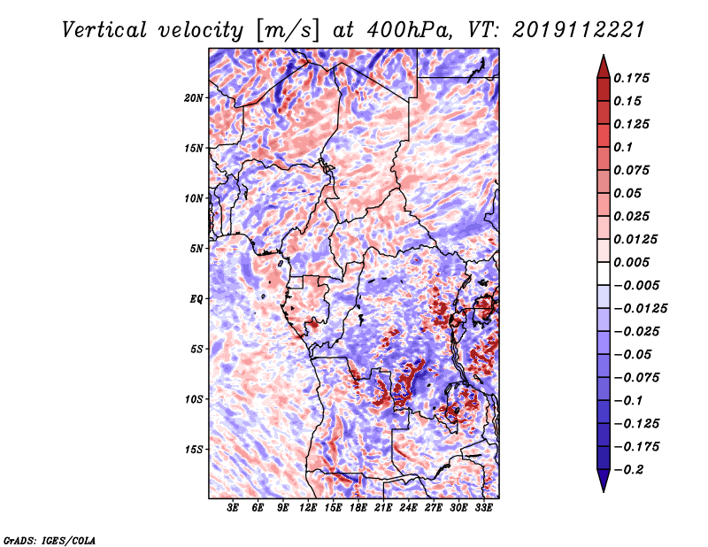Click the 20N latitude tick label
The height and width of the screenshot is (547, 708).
(x=194, y=97)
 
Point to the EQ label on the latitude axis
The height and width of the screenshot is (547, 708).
(x=196, y=298)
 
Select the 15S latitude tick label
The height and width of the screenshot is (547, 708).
(x=194, y=449)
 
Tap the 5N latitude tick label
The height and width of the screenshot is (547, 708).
(x=196, y=248)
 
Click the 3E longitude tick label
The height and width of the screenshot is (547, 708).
(x=234, y=508)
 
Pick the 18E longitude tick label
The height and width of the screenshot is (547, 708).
(x=358, y=508)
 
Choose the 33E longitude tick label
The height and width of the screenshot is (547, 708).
(x=483, y=508)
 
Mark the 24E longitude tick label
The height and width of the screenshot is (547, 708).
(x=409, y=508)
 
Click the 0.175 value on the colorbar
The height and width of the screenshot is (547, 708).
(x=635, y=78)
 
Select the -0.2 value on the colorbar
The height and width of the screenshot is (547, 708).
(x=632, y=470)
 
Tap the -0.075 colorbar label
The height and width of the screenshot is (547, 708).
(x=640, y=377)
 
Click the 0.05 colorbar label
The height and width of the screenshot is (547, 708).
(x=629, y=193)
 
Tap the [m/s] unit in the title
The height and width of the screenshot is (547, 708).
(x=281, y=30)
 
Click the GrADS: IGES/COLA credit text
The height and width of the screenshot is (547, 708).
(x=49, y=539)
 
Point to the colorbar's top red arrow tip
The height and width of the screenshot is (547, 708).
(x=603, y=57)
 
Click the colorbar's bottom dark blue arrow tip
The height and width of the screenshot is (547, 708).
(x=603, y=490)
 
